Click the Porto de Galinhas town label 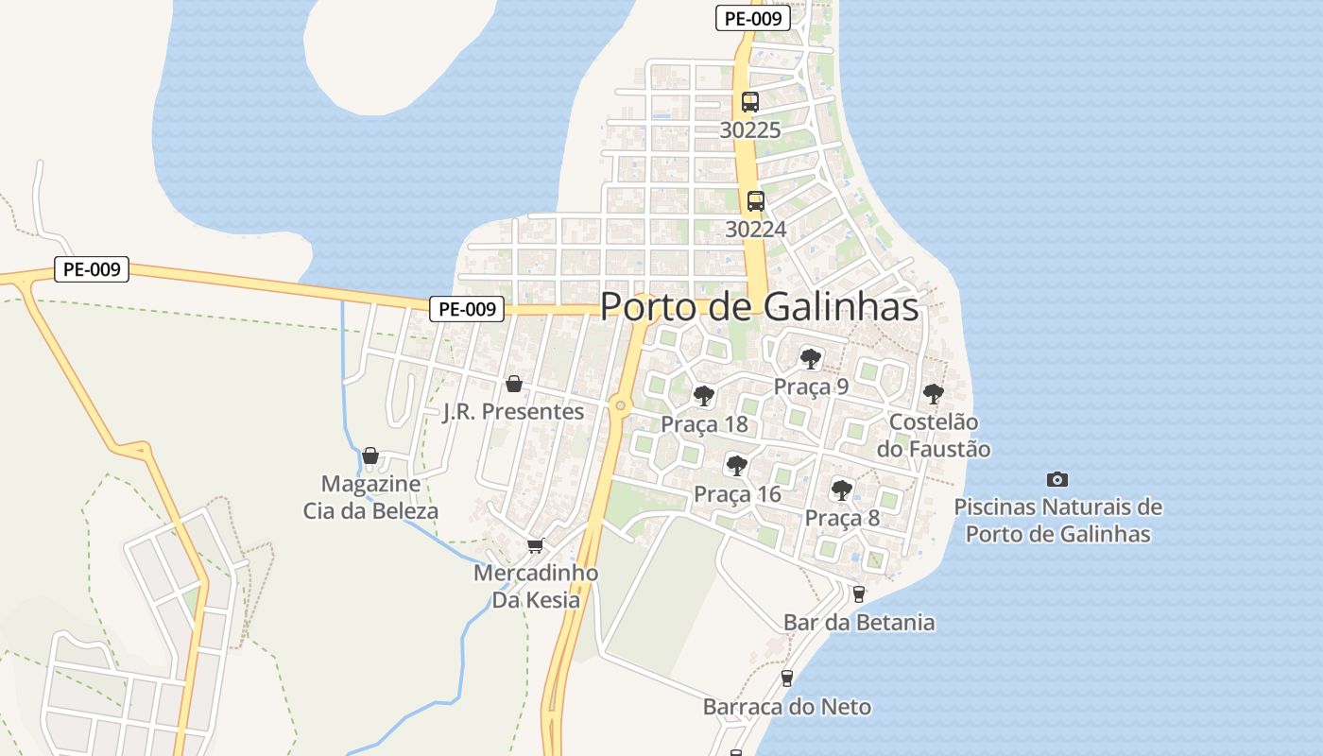coord(759,306)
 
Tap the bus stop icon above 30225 coord(750,102)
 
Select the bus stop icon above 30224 coord(756,200)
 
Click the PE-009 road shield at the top coord(752,18)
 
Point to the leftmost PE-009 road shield coord(91,269)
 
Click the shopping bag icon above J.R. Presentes coord(514,384)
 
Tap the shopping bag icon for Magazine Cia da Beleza coord(370,455)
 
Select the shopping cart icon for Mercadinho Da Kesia coord(535,545)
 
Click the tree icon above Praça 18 coord(703,395)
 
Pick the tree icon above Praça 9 coord(811,358)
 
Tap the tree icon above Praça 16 coord(737,465)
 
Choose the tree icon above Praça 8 coord(842,490)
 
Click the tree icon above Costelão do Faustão coord(934,393)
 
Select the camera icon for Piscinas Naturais coord(1057,479)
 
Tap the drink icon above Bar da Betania coord(859,593)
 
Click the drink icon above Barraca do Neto coord(786,678)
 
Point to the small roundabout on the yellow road coord(620,405)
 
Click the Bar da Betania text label coord(859,623)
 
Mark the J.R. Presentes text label coord(513,412)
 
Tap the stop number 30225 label coord(750,130)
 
